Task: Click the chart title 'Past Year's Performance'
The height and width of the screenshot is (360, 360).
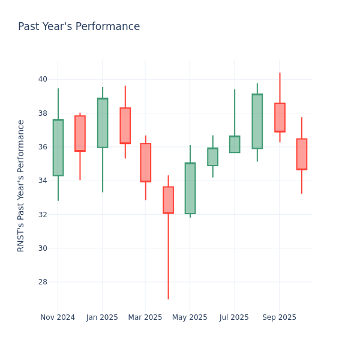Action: click(x=79, y=27)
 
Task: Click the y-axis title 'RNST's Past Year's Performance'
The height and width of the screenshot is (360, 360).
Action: click(x=21, y=185)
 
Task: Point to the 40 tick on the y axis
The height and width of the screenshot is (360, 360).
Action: click(x=43, y=79)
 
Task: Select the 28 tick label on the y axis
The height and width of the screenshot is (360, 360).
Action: click(x=43, y=282)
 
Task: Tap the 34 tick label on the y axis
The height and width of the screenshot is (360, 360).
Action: click(x=43, y=181)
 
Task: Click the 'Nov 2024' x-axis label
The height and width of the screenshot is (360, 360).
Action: click(x=58, y=317)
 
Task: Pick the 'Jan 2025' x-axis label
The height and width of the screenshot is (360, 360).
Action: click(x=102, y=317)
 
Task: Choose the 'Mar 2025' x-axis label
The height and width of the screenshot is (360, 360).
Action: click(x=145, y=317)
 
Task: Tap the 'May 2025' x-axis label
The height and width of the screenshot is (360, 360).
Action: click(x=190, y=317)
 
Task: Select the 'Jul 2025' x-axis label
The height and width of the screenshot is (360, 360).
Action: click(x=234, y=317)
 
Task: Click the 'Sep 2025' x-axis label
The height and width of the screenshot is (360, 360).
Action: click(x=279, y=317)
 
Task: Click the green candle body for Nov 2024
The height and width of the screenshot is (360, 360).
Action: click(x=58, y=148)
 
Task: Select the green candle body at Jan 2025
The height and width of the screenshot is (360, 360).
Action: click(x=103, y=123)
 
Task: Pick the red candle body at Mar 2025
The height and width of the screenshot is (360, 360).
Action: click(x=145, y=163)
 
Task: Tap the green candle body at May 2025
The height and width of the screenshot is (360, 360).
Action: click(x=190, y=188)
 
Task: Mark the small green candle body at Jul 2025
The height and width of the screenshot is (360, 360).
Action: click(x=235, y=144)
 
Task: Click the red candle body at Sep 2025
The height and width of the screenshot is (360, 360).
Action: click(x=280, y=118)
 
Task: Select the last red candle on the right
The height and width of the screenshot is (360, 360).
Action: click(x=301, y=154)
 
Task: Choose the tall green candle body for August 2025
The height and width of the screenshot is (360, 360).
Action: click(x=257, y=121)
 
